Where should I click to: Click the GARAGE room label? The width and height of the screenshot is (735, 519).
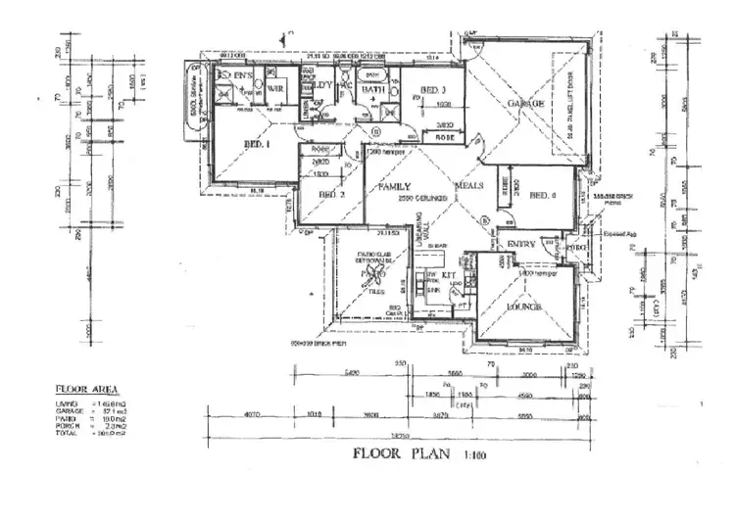click(x=525, y=104)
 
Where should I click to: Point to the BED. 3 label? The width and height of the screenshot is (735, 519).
click(x=433, y=90)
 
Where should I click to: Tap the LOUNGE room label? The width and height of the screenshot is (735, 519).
click(x=524, y=307)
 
